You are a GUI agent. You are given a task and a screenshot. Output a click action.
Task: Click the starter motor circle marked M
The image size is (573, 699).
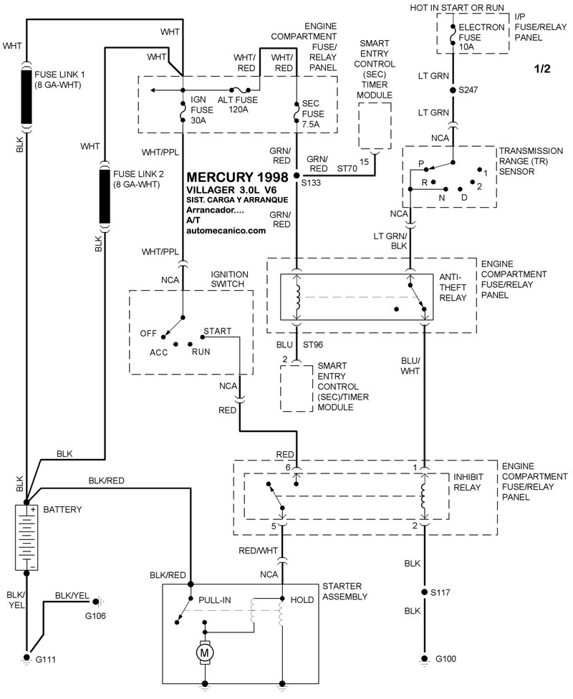[x=206, y=652]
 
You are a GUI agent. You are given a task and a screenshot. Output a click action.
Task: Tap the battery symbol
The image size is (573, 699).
[x=28, y=536]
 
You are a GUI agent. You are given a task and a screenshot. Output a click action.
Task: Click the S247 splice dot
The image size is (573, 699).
[x=452, y=90]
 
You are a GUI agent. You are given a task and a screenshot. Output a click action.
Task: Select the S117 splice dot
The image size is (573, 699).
[x=423, y=592]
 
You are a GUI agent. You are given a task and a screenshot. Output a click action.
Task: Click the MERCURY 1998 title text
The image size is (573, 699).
[x=237, y=177]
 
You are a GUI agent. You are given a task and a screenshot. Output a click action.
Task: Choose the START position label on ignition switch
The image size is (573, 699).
[x=217, y=332]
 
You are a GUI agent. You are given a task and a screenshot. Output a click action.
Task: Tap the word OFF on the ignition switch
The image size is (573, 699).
[x=148, y=333]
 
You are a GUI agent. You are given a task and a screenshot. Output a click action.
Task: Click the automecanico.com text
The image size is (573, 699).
[x=226, y=231]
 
